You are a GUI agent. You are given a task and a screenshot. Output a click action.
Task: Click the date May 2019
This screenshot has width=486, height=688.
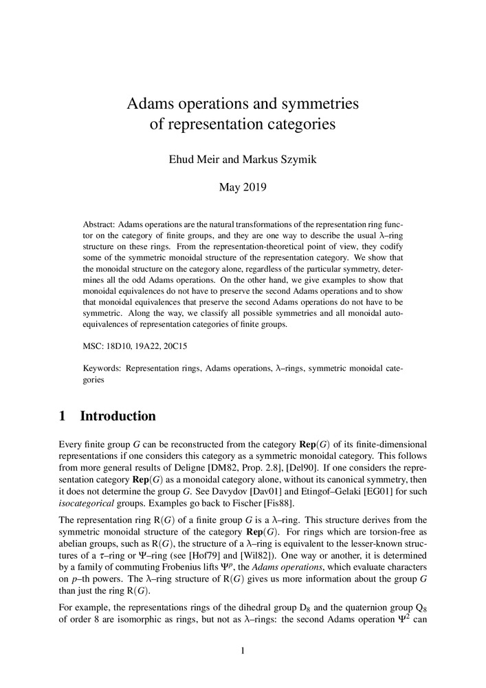click(243, 186)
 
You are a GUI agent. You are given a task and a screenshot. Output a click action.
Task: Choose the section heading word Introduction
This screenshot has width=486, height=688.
click(118, 416)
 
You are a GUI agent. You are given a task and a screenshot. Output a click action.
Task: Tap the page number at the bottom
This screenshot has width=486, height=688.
click(243, 650)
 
